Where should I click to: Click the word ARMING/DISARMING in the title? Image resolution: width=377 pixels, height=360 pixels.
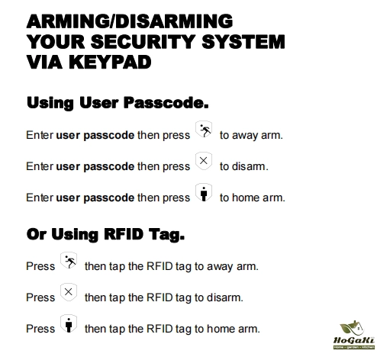coord(130,21)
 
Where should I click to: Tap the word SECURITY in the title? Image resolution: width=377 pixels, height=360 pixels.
coord(143,42)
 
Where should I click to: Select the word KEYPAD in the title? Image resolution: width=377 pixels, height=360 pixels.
coord(110,63)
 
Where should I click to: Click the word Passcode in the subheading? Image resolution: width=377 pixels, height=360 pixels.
coord(166,104)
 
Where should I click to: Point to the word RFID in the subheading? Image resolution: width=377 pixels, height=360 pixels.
coord(124,234)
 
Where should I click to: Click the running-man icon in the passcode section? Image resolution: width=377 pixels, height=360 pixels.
coord(204,129)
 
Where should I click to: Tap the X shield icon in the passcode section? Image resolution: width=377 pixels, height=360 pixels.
coord(204,161)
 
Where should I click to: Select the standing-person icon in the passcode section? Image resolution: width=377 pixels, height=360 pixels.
coord(204,192)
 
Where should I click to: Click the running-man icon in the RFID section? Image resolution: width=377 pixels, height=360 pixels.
coord(69,260)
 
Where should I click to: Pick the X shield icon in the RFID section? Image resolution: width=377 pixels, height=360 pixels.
coord(69,292)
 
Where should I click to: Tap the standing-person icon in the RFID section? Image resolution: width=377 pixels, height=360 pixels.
coord(69,323)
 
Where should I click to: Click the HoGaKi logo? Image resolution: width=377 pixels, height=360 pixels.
coord(354,335)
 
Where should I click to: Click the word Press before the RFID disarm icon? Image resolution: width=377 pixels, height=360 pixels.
coord(40,297)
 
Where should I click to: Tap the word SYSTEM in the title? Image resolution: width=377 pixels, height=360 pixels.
coord(243,42)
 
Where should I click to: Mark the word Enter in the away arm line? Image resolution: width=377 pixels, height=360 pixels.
coord(40,135)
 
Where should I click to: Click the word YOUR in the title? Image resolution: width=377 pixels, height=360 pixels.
coord(56,42)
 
